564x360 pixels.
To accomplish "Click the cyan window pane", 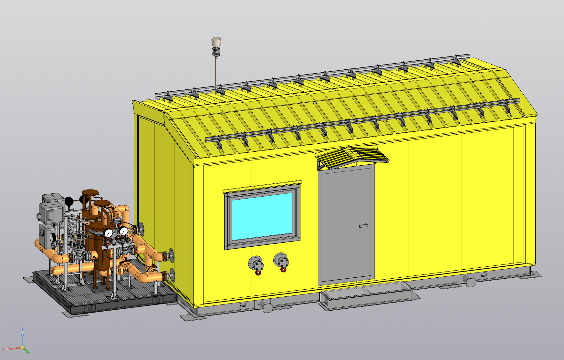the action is (262, 216).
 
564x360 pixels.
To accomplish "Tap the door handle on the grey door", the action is (364, 226).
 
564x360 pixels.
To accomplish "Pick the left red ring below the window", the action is (258, 273).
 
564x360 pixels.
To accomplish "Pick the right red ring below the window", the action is (283, 269).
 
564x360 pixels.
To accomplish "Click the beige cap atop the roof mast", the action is (216, 41).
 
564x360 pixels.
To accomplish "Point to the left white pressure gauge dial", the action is (109, 233).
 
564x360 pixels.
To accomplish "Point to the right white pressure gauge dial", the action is (123, 231).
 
